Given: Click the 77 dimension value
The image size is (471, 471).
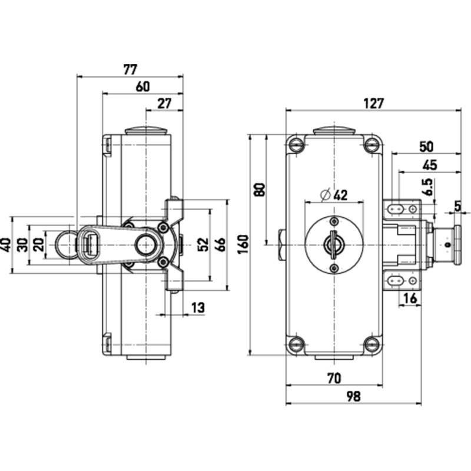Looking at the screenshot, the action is point(130,69).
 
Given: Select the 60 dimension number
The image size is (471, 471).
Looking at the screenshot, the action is point(142,87).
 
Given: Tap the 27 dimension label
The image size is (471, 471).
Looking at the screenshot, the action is point(164,104).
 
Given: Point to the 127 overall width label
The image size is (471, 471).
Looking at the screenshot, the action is point(374,104).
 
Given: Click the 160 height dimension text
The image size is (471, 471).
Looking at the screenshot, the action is point(244,244).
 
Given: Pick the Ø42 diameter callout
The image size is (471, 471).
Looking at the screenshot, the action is point(334,195).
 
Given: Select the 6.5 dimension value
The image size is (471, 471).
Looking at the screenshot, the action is point(429,187).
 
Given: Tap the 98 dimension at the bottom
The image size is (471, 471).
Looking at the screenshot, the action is point(353,396).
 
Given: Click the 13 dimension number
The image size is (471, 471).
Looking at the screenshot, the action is point(198,307).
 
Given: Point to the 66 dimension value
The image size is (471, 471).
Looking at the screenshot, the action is point(221,244).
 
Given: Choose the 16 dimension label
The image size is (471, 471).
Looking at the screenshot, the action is point(410,298).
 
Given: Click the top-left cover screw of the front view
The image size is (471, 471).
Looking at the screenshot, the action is point(296,145).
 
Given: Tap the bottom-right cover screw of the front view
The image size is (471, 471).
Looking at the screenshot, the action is point(372,344).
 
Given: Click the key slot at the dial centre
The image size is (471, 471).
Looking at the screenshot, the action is point(333,245).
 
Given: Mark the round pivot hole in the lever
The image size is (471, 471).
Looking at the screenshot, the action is point(145,245).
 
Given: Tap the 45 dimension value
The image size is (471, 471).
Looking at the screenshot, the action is point(430,165).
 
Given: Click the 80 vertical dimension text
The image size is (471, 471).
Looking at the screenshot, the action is point(260,190).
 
